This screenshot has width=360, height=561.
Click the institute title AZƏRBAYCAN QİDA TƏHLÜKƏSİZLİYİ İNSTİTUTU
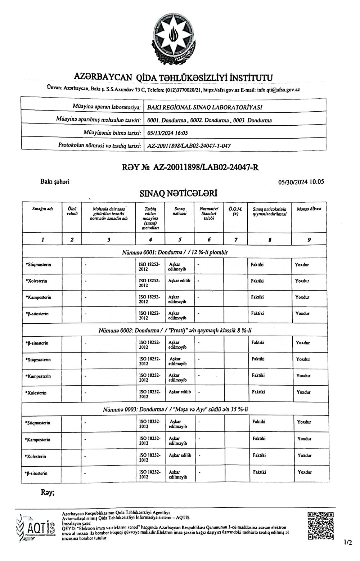(x=173, y=77)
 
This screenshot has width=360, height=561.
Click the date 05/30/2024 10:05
(x=301, y=182)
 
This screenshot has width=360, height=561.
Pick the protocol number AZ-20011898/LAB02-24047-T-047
(x=189, y=146)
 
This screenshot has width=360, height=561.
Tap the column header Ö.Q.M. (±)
(x=235, y=211)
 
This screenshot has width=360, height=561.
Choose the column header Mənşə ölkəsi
(x=309, y=208)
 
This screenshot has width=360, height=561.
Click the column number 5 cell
(x=180, y=239)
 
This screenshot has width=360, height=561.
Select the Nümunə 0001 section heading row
(x=175, y=252)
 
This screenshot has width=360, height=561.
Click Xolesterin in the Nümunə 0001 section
(x=37, y=281)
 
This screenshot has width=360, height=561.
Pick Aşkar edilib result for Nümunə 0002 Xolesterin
(x=180, y=392)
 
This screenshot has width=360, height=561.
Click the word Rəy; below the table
(x=48, y=493)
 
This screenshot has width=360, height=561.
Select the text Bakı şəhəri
(x=55, y=182)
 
